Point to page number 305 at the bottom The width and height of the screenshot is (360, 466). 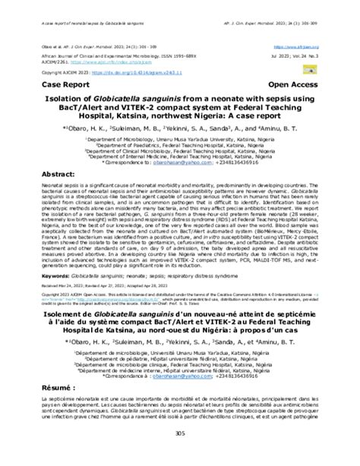179,454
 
